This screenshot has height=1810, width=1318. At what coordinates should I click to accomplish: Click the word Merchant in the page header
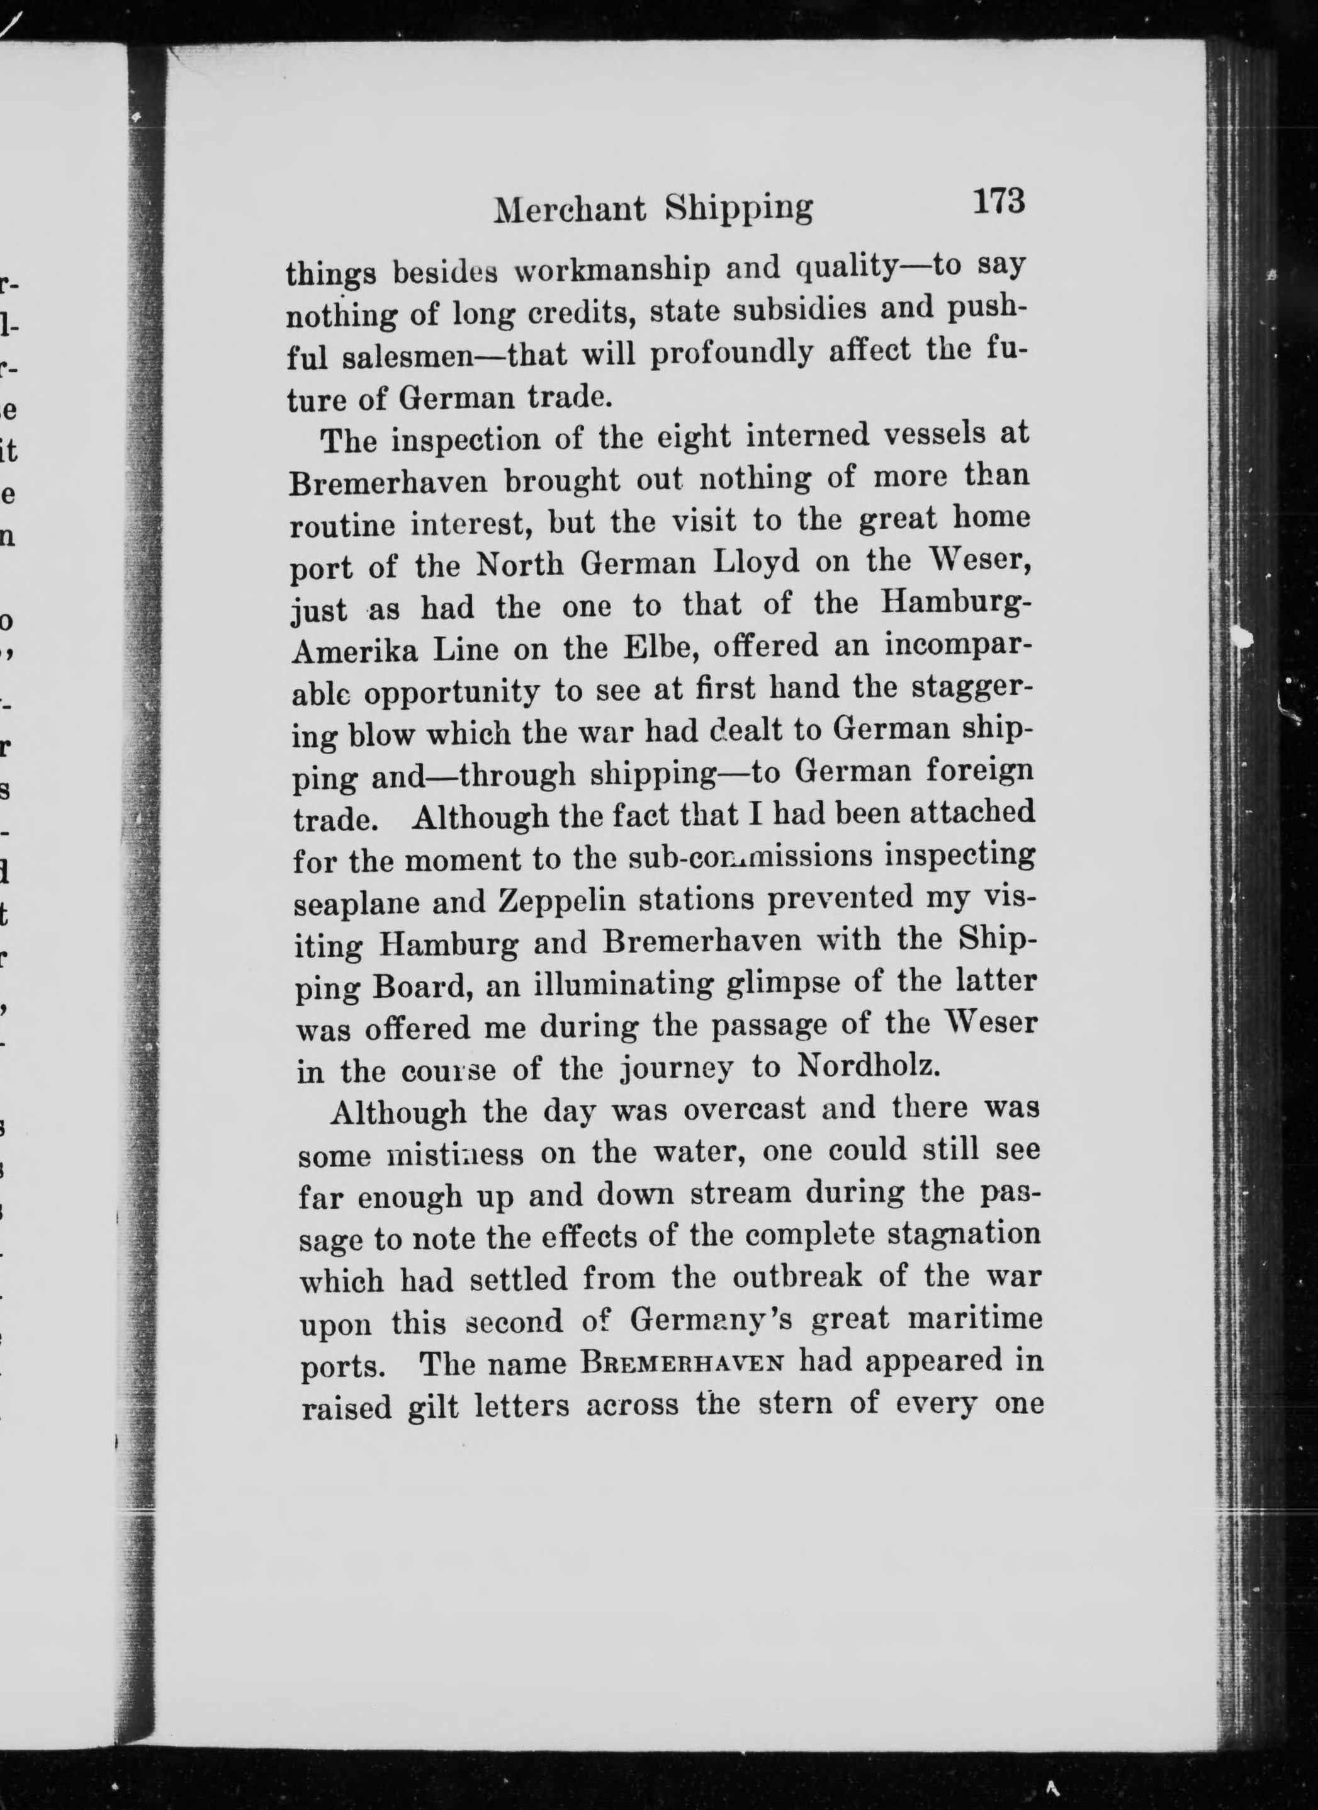pos(570,209)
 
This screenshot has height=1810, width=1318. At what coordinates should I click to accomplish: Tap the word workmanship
pos(611,269)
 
